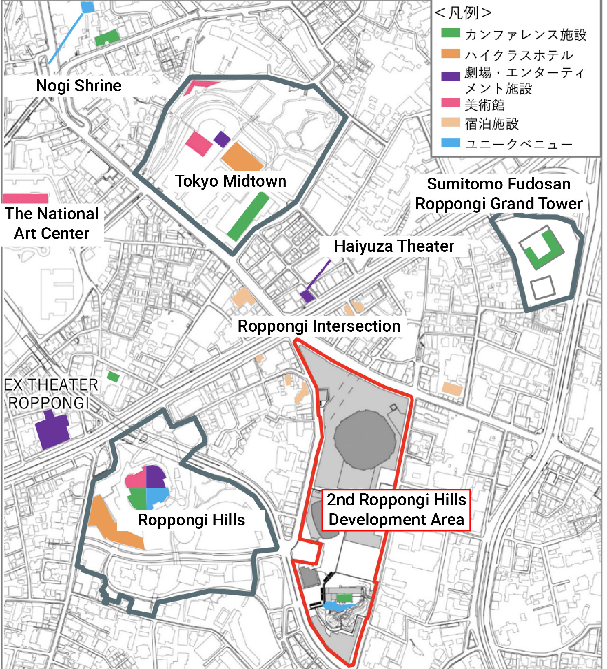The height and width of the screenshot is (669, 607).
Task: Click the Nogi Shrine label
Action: coord(79,86)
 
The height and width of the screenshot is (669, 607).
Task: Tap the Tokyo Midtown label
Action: coord(230,181)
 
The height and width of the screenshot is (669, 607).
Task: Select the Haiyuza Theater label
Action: coord(394,246)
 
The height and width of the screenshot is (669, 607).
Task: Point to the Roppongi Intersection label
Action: coord(319,326)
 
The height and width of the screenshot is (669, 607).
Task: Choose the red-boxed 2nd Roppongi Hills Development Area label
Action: coord(396,510)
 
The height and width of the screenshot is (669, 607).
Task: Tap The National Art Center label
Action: coord(52,223)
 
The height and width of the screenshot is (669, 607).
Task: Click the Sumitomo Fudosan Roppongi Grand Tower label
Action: coord(499,194)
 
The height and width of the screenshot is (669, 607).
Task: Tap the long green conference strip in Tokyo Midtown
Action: coord(248,216)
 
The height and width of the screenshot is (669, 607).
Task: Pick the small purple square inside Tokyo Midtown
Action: coord(222,139)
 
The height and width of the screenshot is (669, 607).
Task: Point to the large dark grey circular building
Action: coord(365,440)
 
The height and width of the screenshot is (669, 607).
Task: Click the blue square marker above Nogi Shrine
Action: coord(87,7)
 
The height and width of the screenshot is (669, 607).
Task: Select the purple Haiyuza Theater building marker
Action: coord(307,296)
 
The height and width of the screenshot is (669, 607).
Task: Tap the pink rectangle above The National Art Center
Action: coord(25,199)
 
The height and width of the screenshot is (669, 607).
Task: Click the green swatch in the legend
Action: coord(450,33)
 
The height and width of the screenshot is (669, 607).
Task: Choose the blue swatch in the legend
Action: coord(450,143)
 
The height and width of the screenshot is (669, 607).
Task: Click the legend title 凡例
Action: coord(463,13)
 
